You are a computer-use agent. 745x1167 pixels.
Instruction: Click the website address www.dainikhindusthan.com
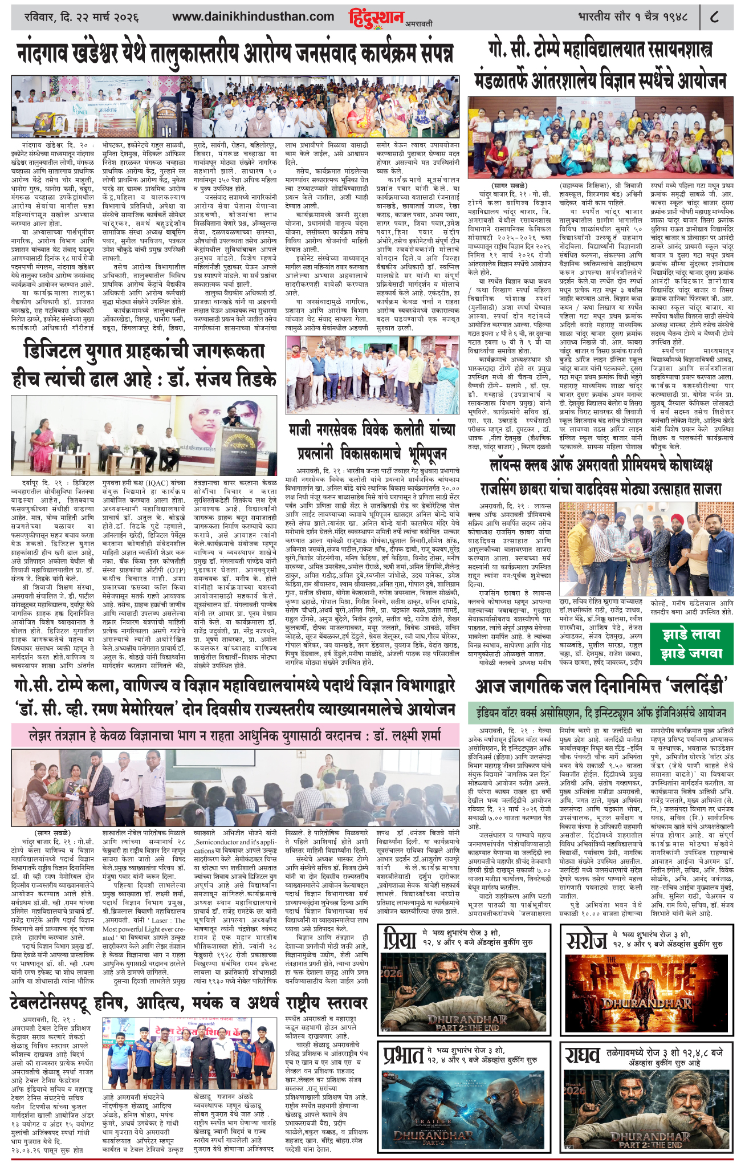coord(253,17)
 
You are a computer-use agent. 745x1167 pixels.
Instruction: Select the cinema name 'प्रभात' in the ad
coord(403,1054)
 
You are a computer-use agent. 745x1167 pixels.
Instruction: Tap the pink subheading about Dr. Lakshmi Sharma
coord(234,736)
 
